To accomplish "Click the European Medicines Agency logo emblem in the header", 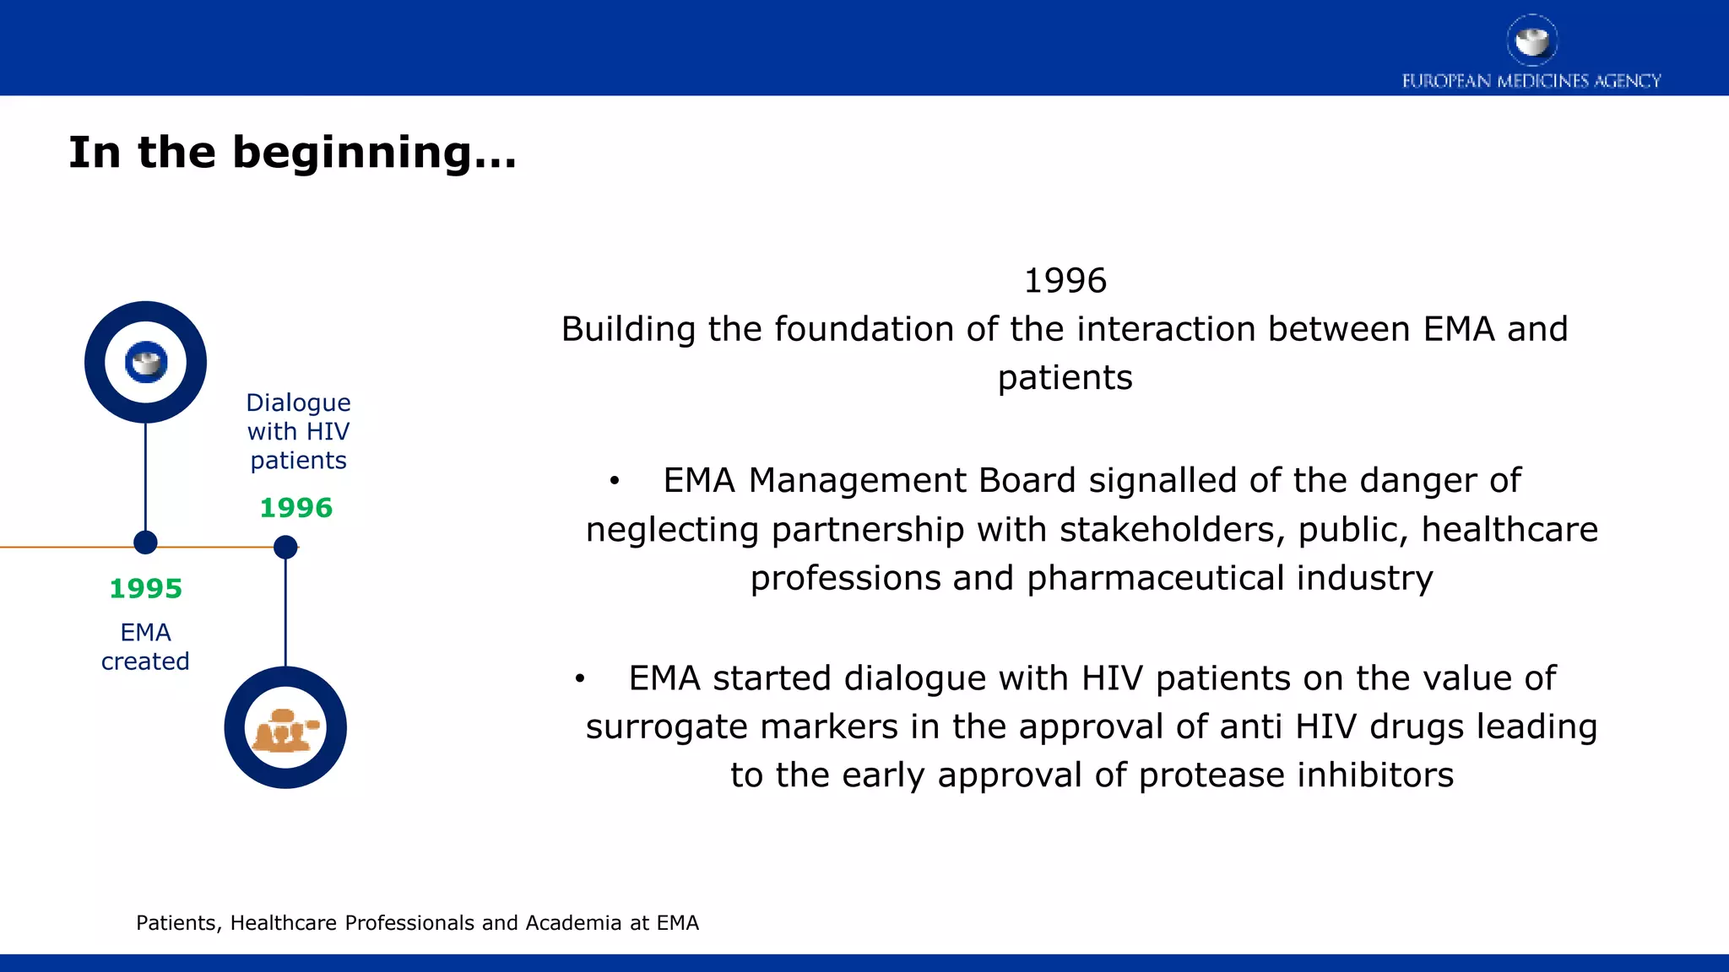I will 1531,40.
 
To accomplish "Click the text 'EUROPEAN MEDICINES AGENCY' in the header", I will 1531,81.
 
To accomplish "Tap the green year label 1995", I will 145,588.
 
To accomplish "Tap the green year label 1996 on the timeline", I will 295,508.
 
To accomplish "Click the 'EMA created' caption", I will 145,646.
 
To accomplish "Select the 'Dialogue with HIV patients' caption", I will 298,431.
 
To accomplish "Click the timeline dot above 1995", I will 145,543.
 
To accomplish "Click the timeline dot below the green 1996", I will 285,548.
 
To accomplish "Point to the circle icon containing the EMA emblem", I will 145,362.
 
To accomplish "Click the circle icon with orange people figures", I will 285,727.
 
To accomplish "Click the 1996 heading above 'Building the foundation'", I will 1065,281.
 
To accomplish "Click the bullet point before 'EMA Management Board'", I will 615,482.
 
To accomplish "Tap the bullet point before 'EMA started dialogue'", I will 580,679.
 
